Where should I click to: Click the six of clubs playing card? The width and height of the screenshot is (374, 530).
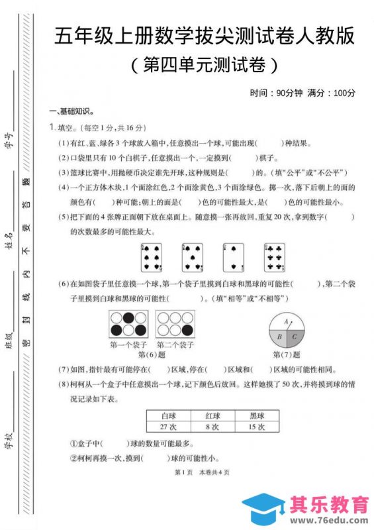coord(275,256)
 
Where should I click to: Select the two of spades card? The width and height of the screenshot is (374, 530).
coord(234,256)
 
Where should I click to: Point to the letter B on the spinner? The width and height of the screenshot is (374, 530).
coord(280,337)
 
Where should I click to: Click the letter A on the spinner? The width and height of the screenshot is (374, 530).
coord(287,321)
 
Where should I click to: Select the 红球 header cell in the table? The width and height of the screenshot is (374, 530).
coord(212,415)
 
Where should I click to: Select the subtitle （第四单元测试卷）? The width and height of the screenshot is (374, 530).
coord(202,65)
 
